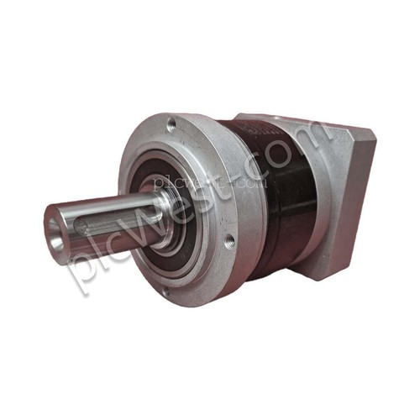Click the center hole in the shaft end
tap(55, 234)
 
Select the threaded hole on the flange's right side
tap(229, 241)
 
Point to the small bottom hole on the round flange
tap(166, 292)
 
